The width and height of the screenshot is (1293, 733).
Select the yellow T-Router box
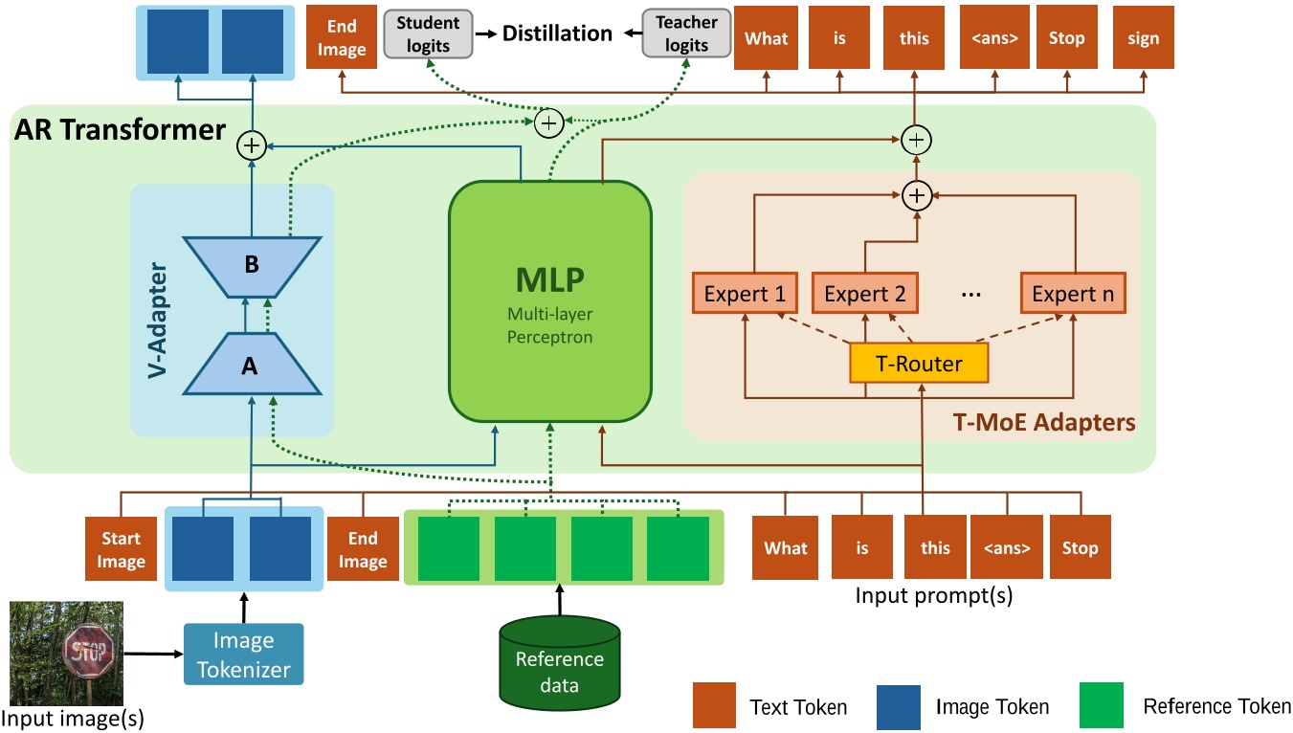click(x=918, y=365)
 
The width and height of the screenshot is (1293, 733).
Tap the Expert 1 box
click(x=743, y=294)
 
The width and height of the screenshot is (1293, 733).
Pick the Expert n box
click(x=1072, y=294)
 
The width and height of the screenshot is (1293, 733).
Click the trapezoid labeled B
click(x=252, y=265)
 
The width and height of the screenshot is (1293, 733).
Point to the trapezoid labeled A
click(x=251, y=364)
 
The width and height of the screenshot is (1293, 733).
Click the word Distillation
click(x=558, y=33)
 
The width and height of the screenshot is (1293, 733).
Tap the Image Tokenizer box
click(x=243, y=654)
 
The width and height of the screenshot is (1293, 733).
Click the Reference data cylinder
click(x=559, y=670)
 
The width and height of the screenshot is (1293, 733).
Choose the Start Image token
click(x=121, y=549)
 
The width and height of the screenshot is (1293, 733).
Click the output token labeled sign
click(x=1143, y=38)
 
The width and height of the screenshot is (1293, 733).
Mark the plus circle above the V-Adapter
click(x=251, y=145)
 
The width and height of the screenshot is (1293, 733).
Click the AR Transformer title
click(x=120, y=129)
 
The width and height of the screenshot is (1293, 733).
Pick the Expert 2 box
click(x=864, y=294)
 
